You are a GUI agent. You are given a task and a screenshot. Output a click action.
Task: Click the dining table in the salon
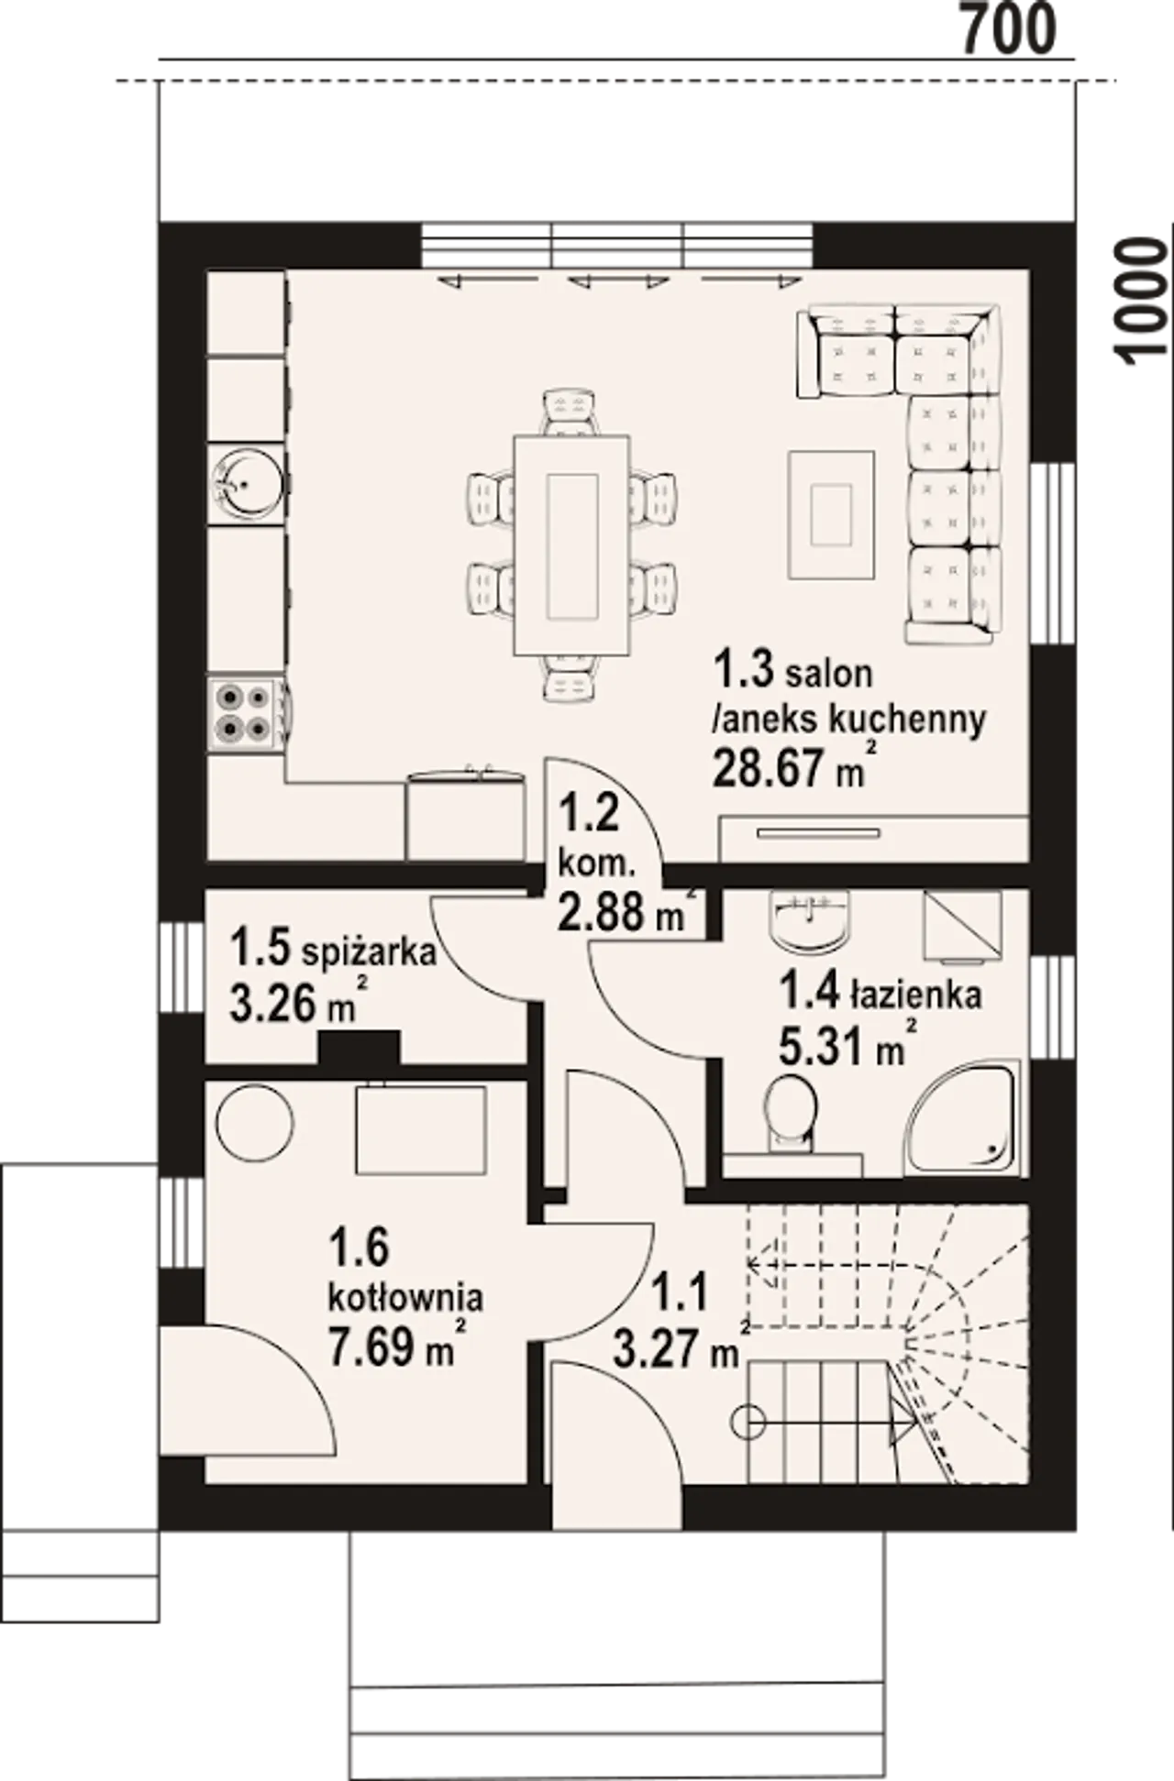572,545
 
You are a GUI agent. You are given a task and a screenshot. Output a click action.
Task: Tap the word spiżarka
369,952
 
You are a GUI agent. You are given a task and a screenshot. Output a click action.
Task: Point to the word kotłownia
405,1297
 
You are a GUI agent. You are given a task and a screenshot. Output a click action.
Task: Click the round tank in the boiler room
254,1123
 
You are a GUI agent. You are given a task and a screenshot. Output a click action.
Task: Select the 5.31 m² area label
847,1045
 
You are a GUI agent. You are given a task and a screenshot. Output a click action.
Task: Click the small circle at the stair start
749,1423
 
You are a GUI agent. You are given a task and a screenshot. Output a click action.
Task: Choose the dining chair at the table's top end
570,412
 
